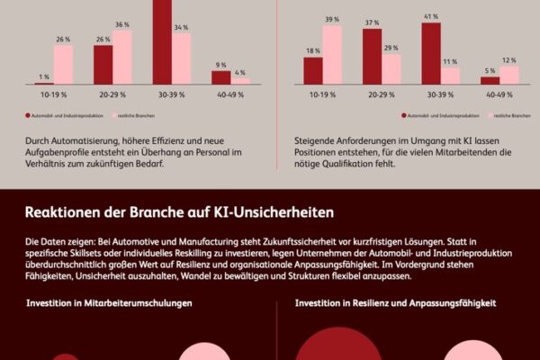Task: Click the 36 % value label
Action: (121, 24)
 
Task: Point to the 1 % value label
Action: (42, 76)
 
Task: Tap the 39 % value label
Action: (332, 19)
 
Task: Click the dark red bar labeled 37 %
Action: (372, 56)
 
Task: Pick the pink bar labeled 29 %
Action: (391, 68)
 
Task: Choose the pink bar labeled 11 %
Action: (451, 76)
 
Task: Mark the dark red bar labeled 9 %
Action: (221, 77)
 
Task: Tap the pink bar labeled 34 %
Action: (181, 59)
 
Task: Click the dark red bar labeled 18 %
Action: (313, 70)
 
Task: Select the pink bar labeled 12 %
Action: (509, 75)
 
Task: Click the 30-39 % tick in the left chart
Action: (171, 94)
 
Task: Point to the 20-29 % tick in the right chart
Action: (382, 94)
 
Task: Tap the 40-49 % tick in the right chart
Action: (499, 94)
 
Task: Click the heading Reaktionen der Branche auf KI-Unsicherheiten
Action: (179, 213)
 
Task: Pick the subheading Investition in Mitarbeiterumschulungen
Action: (109, 304)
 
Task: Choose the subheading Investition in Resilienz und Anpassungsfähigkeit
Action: (395, 304)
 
